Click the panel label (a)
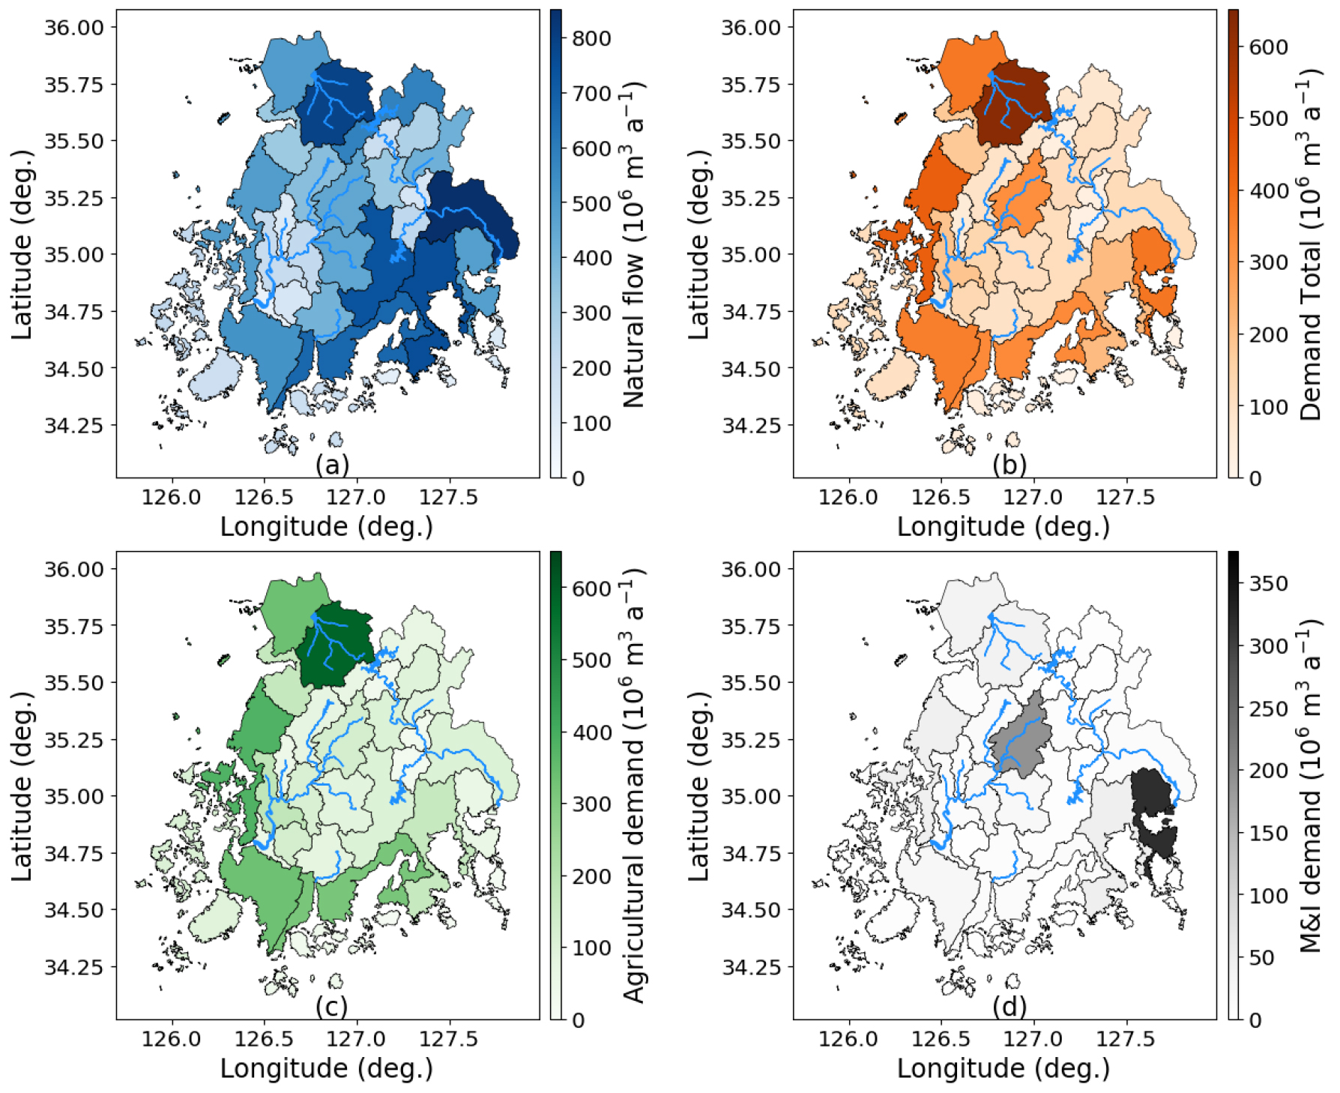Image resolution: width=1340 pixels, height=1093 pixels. click(332, 465)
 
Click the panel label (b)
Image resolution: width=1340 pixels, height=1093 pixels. click(1009, 465)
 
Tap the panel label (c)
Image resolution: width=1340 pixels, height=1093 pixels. click(332, 1007)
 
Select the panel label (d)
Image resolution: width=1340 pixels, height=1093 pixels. click(1009, 1007)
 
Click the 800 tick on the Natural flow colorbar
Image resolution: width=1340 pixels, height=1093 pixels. click(591, 38)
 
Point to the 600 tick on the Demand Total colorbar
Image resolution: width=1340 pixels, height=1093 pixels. click(1268, 47)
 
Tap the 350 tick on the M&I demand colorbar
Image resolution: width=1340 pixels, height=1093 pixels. click(1268, 583)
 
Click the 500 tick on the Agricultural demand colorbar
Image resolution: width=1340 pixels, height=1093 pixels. click(591, 660)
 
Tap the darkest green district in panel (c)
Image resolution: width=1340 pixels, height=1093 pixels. click(335, 645)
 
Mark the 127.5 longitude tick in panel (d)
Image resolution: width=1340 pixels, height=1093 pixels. click(1125, 1039)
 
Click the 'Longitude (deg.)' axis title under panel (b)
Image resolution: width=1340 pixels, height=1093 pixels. click(1004, 526)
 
